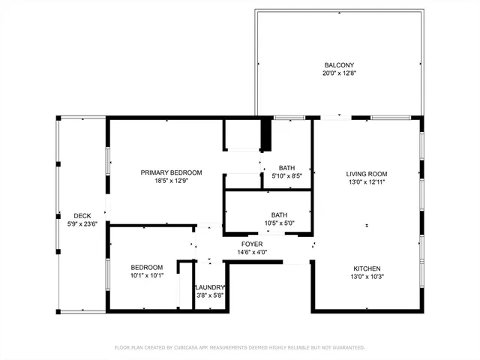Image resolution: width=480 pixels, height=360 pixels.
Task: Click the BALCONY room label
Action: coord(339,64)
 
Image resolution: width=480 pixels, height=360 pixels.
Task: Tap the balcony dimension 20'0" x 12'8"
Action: coord(339,73)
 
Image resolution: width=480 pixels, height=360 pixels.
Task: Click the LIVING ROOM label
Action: coord(367,173)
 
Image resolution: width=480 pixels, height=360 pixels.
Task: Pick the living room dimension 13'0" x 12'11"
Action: coord(367,181)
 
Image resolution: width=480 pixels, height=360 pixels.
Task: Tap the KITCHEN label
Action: coord(367,268)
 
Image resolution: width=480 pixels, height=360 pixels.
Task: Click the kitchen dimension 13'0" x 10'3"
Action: coord(367,277)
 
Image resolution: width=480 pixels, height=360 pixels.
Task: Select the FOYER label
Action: coord(251,244)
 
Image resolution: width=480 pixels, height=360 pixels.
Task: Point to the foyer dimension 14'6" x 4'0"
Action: coord(251,253)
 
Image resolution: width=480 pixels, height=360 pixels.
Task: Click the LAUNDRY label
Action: coord(209,287)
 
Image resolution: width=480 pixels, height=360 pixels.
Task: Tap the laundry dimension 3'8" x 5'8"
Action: coord(209,295)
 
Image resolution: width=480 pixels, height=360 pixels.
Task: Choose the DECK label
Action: coord(82,215)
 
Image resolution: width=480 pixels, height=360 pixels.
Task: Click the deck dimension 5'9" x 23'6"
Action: coord(82,223)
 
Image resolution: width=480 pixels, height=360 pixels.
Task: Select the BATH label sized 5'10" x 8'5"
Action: coord(286,168)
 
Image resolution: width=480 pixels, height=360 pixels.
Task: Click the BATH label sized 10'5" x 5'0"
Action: coord(279,214)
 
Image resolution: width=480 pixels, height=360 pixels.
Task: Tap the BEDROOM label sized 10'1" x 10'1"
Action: coord(147,267)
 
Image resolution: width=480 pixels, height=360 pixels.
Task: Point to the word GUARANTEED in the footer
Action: coord(346,348)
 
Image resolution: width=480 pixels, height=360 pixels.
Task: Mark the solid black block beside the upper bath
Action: coord(265,135)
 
